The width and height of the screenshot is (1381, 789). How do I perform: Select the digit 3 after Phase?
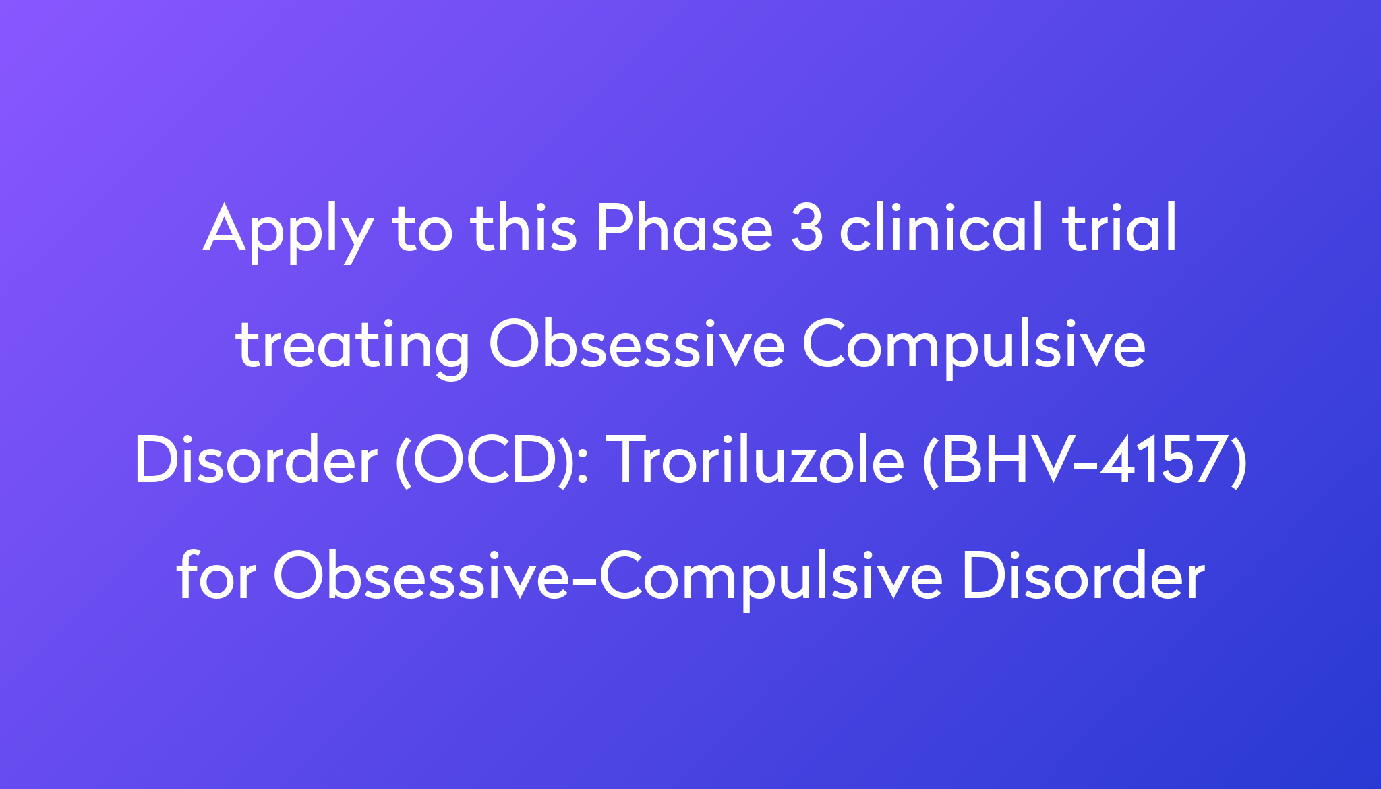coord(807,229)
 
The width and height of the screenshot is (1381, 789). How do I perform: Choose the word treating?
coord(353,347)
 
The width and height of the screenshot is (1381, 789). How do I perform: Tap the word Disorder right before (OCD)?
coord(256,461)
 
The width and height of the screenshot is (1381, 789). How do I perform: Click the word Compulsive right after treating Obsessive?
coord(974,347)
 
